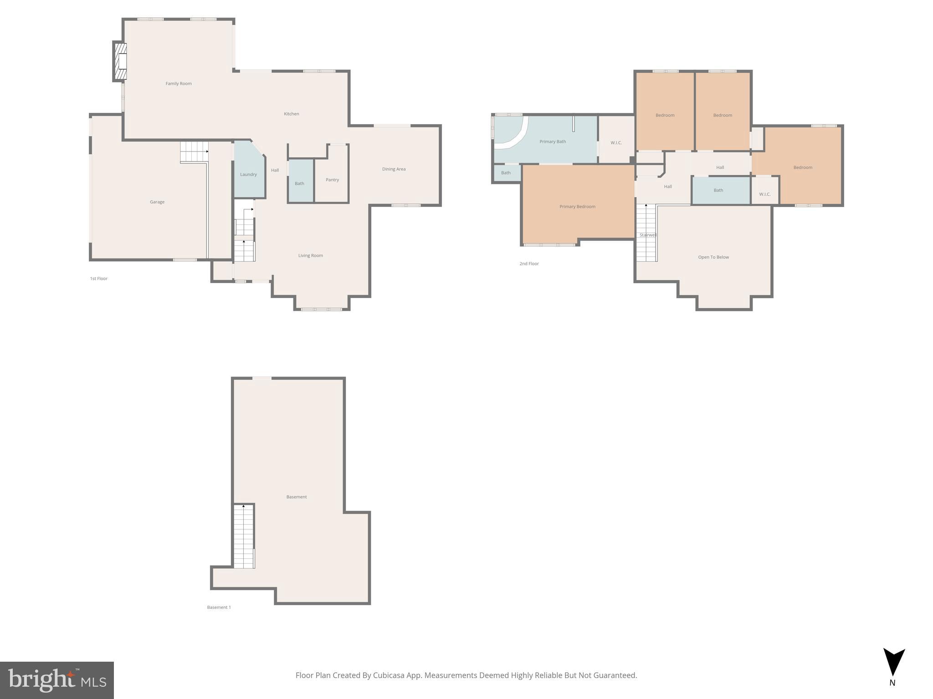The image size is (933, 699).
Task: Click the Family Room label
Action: pyautogui.click(x=179, y=84)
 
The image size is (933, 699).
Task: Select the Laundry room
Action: pyautogui.click(x=248, y=174)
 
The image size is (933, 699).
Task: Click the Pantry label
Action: pyautogui.click(x=332, y=180)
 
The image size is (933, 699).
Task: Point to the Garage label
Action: pyautogui.click(x=157, y=202)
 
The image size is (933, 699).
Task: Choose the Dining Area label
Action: pyautogui.click(x=394, y=169)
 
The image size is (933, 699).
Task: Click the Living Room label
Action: pyautogui.click(x=310, y=256)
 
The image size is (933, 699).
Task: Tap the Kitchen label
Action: pyautogui.click(x=291, y=114)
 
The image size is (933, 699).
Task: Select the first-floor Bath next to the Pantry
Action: pyautogui.click(x=300, y=183)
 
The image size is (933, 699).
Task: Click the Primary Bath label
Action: pyautogui.click(x=553, y=142)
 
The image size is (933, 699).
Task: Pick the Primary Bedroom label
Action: pyautogui.click(x=577, y=207)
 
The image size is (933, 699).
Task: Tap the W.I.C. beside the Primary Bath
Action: pyautogui.click(x=616, y=143)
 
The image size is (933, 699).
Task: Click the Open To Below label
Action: pyautogui.click(x=713, y=257)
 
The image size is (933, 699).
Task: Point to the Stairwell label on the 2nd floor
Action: pyautogui.click(x=648, y=235)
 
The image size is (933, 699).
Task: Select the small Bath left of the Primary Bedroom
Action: pyautogui.click(x=506, y=173)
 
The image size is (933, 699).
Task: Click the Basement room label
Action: pyautogui.click(x=297, y=497)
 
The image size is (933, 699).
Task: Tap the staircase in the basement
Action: pyautogui.click(x=244, y=537)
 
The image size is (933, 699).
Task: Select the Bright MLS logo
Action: pyautogui.click(x=56, y=680)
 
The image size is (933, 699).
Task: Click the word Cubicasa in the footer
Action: pyautogui.click(x=389, y=675)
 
